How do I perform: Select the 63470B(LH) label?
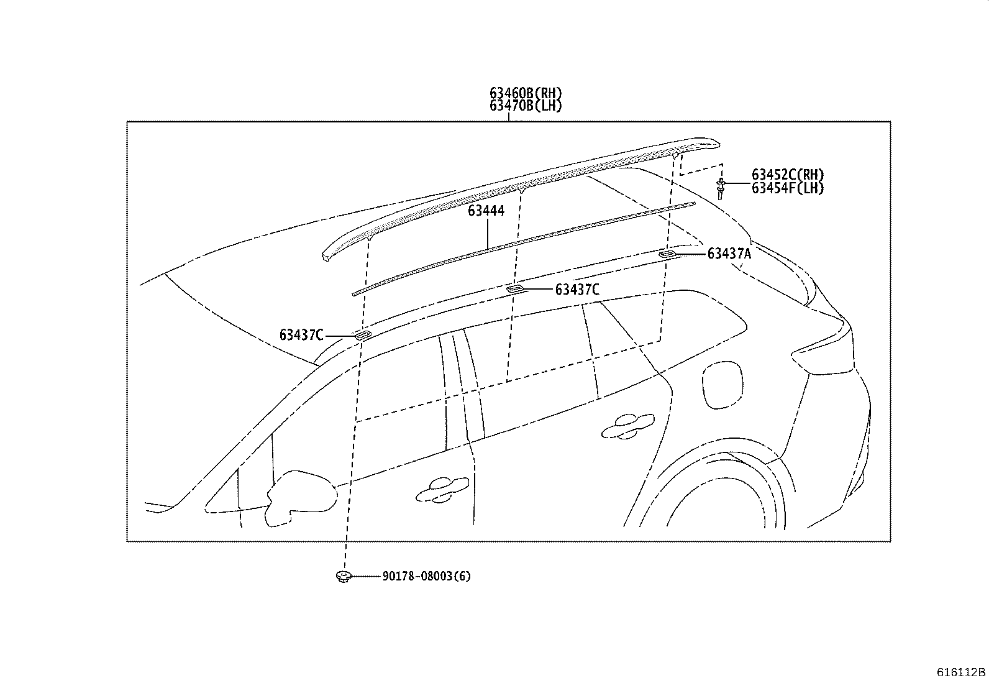pos(525,106)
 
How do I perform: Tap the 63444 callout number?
pos(486,211)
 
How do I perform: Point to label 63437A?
pos(729,254)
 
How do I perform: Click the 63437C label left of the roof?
pos(301,336)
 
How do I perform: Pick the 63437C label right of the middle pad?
pos(577,290)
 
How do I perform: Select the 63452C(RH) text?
pos(788,175)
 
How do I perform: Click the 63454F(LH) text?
pos(788,188)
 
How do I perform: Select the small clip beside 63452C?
pos(720,187)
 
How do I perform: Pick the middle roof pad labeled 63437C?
pos(515,289)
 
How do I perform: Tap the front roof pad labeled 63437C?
pos(361,336)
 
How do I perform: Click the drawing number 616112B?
pos(961,672)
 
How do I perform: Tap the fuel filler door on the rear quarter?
pos(722,385)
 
